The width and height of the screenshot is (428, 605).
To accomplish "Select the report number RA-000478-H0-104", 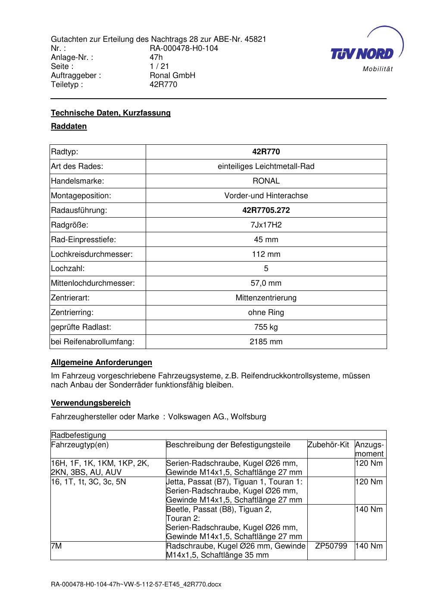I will pyautogui.click(x=184, y=48).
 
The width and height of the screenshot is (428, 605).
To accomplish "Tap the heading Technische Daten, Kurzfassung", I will pyautogui.click(x=111, y=113).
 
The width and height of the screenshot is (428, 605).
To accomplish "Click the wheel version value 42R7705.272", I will pyautogui.click(x=266, y=210).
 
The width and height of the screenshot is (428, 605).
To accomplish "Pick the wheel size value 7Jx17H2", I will pyautogui.click(x=266, y=225).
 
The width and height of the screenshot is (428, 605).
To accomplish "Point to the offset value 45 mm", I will pyautogui.click(x=266, y=240).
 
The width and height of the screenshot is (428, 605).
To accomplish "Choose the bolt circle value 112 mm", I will pyautogui.click(x=266, y=254).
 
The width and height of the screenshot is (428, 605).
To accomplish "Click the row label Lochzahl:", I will pyautogui.click(x=68, y=268).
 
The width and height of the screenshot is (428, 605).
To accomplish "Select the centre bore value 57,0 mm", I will pyautogui.click(x=266, y=283).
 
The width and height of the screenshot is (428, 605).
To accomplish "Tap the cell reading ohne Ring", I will pyautogui.click(x=266, y=312).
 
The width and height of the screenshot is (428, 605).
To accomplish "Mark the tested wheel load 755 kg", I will pyautogui.click(x=266, y=327).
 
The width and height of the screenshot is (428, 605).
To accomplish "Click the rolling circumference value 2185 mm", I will pyautogui.click(x=266, y=342).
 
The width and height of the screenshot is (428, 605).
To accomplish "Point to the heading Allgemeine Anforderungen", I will pyautogui.click(x=101, y=362).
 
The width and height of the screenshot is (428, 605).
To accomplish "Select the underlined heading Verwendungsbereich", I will pyautogui.click(x=91, y=403).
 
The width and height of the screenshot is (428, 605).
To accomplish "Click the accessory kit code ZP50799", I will pyautogui.click(x=331, y=546).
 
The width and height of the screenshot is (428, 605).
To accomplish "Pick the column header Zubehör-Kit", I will pyautogui.click(x=328, y=445).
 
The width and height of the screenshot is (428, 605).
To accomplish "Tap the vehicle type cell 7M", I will pyautogui.click(x=56, y=546).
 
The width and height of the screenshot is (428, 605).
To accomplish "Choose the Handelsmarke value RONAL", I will pyautogui.click(x=266, y=181).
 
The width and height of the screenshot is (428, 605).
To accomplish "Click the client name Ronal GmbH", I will pyautogui.click(x=172, y=75).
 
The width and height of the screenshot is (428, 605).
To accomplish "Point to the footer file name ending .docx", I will pyautogui.click(x=136, y=584).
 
